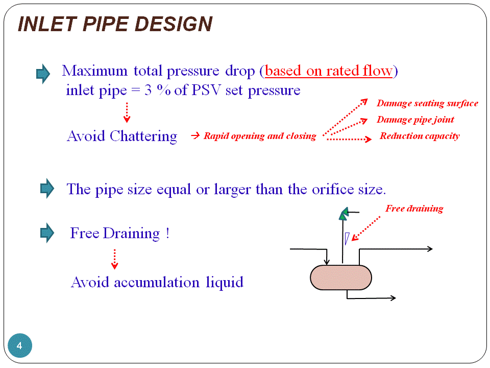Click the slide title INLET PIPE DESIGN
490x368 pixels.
pyautogui.click(x=115, y=24)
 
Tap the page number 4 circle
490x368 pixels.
pyautogui.click(x=20, y=346)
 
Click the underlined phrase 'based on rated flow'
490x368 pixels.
pyautogui.click(x=329, y=71)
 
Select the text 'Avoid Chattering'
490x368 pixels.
pyautogui.click(x=122, y=136)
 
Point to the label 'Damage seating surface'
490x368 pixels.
pyautogui.click(x=427, y=103)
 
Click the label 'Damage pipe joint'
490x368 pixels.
pyautogui.click(x=415, y=120)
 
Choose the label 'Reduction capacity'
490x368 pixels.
pyautogui.click(x=420, y=136)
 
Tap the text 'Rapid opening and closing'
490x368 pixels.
pyautogui.click(x=259, y=136)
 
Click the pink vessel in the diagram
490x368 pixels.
pyautogui.click(x=341, y=278)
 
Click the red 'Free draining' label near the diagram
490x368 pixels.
pyautogui.click(x=414, y=208)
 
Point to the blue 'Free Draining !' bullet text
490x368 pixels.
pyautogui.click(x=119, y=234)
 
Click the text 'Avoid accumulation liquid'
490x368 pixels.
pyautogui.click(x=157, y=282)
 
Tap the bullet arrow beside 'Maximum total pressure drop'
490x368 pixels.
pyautogui.click(x=43, y=75)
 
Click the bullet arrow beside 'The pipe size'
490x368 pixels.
pyautogui.click(x=46, y=189)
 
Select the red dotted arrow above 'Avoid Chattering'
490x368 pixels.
pyautogui.click(x=127, y=112)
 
